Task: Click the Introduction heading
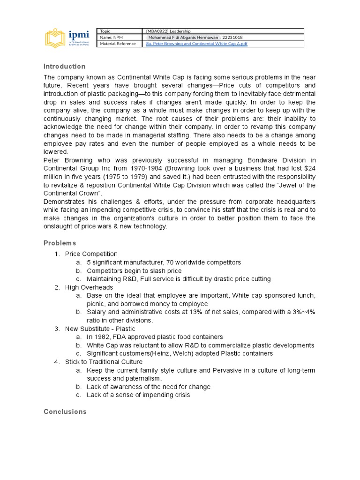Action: (x=65, y=67)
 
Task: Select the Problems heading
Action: (x=60, y=243)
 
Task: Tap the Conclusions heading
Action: (x=65, y=412)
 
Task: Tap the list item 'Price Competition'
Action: (x=91, y=254)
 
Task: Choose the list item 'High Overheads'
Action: (x=89, y=287)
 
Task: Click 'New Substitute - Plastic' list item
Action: (x=100, y=329)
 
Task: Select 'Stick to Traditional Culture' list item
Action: (x=104, y=362)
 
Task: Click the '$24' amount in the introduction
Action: (x=308, y=169)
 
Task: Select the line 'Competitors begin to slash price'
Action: (x=134, y=271)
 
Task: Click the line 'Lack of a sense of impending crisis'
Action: (x=138, y=395)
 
